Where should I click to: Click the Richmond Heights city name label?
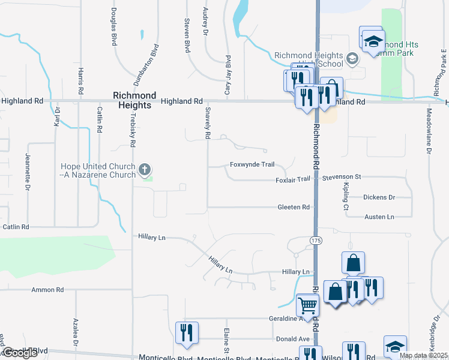click(x=135, y=100)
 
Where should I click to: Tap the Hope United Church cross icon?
click(x=145, y=170)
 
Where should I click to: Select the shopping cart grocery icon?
click(x=307, y=305)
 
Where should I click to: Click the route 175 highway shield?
click(x=316, y=240)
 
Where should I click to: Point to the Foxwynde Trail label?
click(x=252, y=164)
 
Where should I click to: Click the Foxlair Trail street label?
click(x=293, y=179)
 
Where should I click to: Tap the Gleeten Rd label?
click(x=294, y=207)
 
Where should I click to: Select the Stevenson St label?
click(x=341, y=177)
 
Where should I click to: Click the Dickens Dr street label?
click(x=379, y=197)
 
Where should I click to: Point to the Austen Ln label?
click(x=378, y=217)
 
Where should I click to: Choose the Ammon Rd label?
click(x=48, y=290)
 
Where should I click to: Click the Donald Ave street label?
click(x=288, y=339)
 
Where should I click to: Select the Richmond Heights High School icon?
click(x=352, y=59)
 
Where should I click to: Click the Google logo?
click(x=20, y=353)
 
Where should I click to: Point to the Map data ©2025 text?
click(x=423, y=355)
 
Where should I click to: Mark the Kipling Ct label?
click(x=346, y=199)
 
